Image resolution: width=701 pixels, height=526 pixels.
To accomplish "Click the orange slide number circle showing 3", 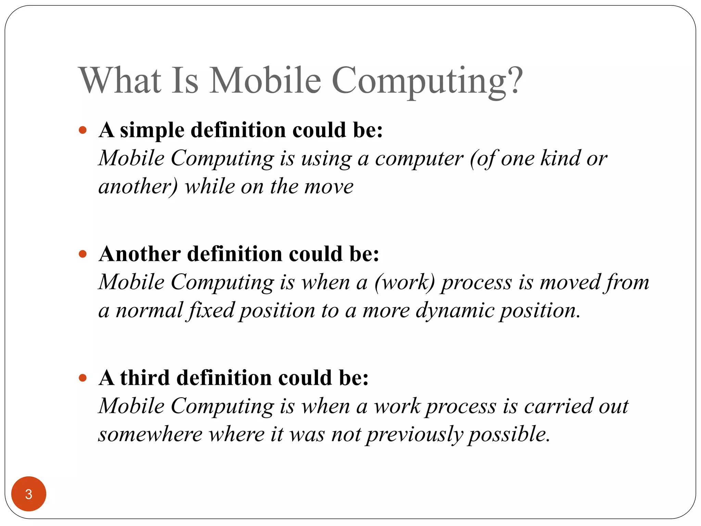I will (29, 494).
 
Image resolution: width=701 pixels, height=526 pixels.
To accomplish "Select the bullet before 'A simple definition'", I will (82, 130).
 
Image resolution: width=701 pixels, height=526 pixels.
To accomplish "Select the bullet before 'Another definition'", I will (82, 254).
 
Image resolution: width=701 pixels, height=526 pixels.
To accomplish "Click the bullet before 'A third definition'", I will (82, 378).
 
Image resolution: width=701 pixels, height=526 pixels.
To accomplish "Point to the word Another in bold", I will (140, 254).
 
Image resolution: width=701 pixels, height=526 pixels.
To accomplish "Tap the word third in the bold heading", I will (145, 378).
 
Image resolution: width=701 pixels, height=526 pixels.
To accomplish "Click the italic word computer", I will (419, 159).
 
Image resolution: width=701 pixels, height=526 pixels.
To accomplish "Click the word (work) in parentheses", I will (404, 283).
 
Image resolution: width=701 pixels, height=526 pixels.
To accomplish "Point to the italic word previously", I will (414, 435).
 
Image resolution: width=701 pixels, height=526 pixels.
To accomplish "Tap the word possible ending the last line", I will (509, 435).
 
